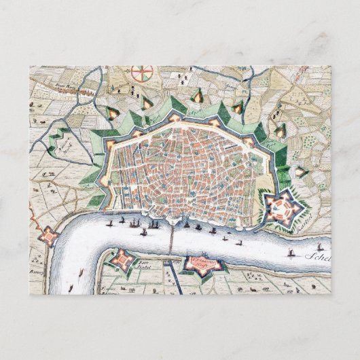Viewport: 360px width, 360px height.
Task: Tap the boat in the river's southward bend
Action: point(80,270)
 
